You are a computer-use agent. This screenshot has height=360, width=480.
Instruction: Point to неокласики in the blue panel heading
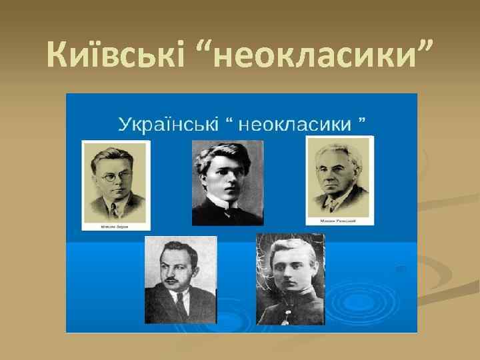point(312,123)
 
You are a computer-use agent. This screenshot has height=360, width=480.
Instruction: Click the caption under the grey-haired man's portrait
point(339,220)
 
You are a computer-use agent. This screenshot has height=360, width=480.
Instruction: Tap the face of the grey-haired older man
point(339,175)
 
